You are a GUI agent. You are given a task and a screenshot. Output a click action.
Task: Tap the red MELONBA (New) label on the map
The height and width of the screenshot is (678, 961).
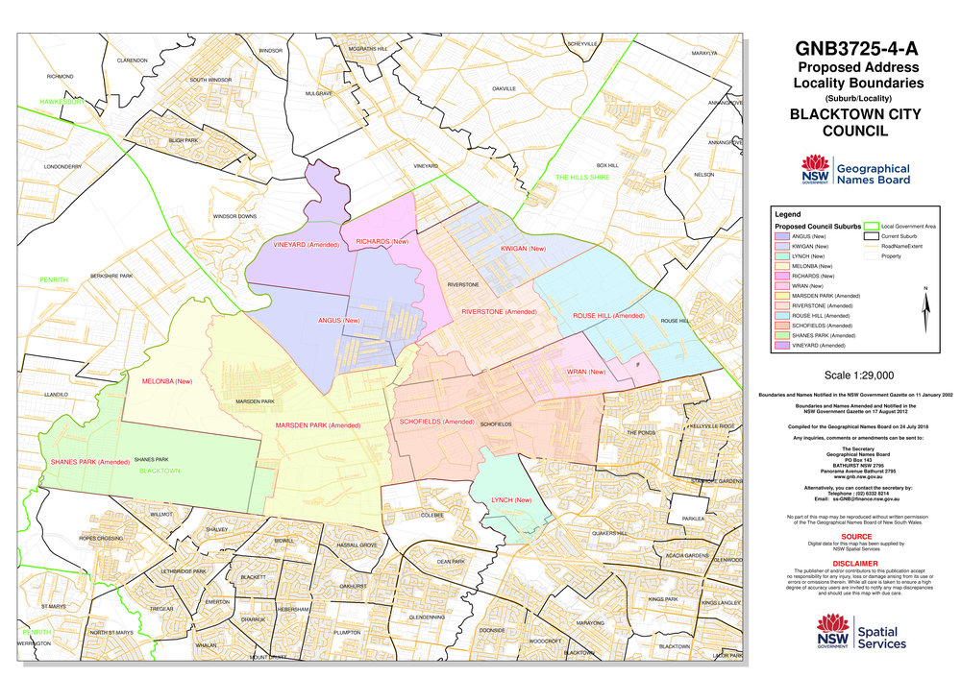click(166, 381)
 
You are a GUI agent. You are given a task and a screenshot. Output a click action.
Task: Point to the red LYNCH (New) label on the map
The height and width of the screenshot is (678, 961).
click(510, 500)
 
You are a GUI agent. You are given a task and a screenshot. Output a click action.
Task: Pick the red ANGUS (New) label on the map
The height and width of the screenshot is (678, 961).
click(338, 320)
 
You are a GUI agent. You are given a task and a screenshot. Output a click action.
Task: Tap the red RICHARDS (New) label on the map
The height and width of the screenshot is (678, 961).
click(382, 242)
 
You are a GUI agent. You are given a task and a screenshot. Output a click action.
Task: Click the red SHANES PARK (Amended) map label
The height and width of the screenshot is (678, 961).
click(89, 463)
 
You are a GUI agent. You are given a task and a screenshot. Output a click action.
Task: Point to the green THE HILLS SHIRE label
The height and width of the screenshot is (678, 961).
click(582, 178)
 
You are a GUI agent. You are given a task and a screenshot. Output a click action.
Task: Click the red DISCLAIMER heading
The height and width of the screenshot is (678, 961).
click(855, 564)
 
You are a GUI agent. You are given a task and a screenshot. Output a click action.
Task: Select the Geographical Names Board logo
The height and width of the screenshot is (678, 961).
click(855, 174)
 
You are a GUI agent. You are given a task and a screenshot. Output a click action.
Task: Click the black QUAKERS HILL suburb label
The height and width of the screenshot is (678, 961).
click(608, 533)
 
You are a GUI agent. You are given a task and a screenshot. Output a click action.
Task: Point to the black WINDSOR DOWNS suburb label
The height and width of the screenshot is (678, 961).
click(234, 216)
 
